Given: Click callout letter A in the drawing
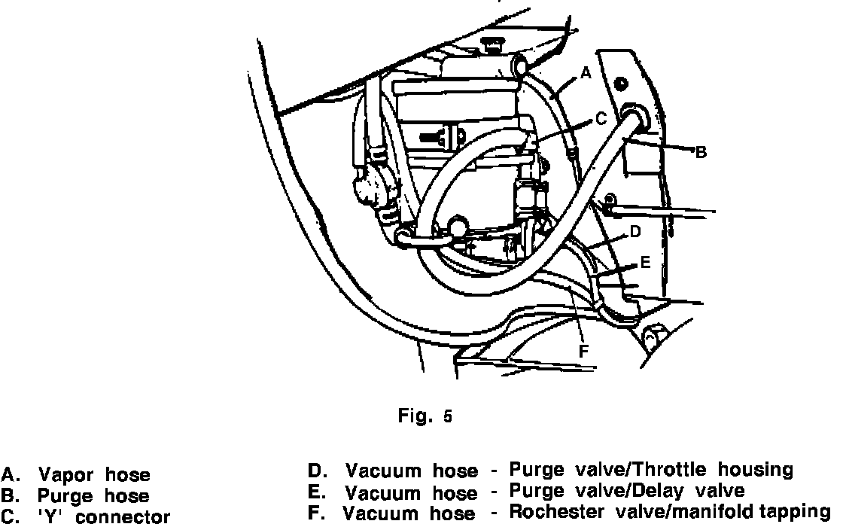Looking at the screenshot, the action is (x=586, y=73).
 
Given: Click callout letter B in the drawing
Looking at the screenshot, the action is (x=700, y=153).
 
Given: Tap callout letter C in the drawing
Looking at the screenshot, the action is (x=600, y=118).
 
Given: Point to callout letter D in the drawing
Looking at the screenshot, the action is (x=635, y=232).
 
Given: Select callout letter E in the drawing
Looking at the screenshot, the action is (x=644, y=264).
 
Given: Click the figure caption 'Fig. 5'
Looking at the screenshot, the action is (x=425, y=416).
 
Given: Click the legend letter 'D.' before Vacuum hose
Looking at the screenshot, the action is (x=316, y=471).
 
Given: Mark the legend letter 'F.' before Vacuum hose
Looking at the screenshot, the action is (x=316, y=513).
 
